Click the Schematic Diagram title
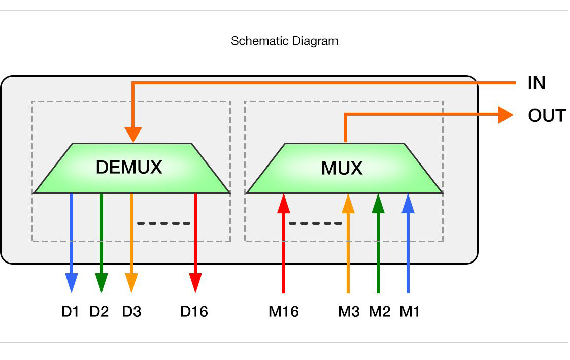(284, 41)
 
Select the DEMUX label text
(129, 167)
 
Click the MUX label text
(342, 168)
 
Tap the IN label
(537, 83)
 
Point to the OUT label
(547, 116)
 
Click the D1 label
(71, 311)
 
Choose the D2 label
(99, 311)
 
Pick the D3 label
(131, 311)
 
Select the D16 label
(194, 311)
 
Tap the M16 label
(284, 311)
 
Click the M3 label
(349, 311)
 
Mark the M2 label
(380, 311)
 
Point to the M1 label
(410, 311)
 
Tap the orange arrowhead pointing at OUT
(506, 115)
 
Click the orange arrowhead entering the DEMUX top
(133, 135)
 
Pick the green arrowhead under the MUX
(378, 203)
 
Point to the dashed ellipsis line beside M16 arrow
(315, 223)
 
